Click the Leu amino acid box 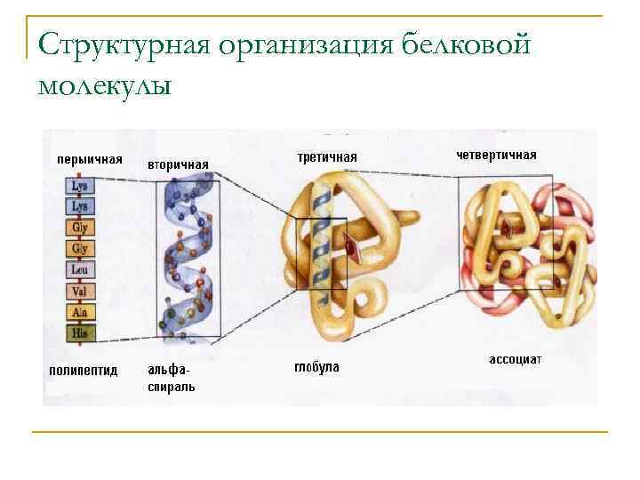(x=80, y=269)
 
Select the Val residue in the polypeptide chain (x=80, y=291)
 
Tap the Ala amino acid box (x=80, y=312)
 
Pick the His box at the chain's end (x=80, y=333)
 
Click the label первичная (x=89, y=160)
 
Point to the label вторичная (x=178, y=164)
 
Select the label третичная (x=326, y=157)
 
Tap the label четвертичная (x=496, y=155)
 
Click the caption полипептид (x=82, y=370)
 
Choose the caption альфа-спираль (x=172, y=378)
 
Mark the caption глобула (x=316, y=367)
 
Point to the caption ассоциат (x=516, y=360)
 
